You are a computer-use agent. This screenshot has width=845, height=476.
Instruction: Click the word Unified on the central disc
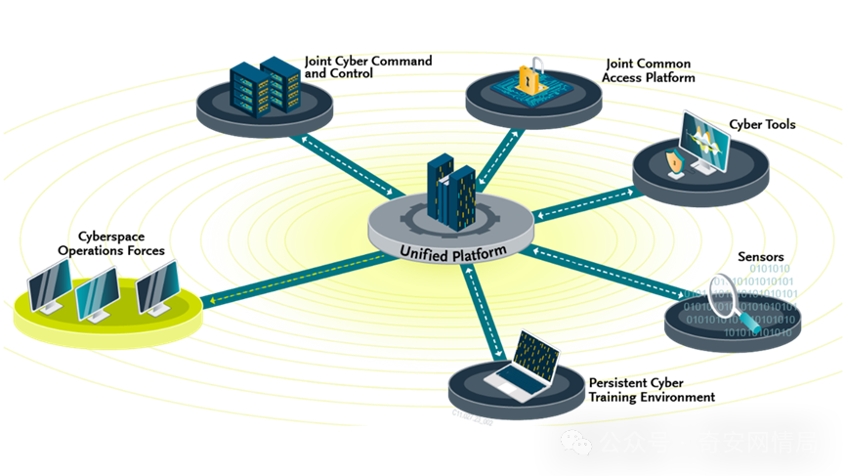(x=425, y=252)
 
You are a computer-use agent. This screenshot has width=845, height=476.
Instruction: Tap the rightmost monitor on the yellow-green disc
(x=156, y=283)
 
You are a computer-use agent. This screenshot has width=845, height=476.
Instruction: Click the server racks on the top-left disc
(x=265, y=86)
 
